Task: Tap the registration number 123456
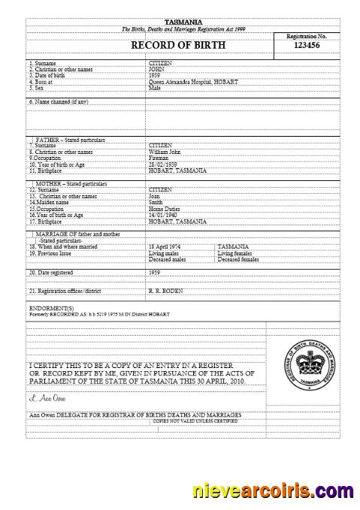pyautogui.click(x=307, y=46)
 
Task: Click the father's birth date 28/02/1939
pyautogui.click(x=165, y=164)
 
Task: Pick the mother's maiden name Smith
pyautogui.click(x=157, y=201)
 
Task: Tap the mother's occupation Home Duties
pyautogui.click(x=166, y=207)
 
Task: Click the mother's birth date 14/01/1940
pyautogui.click(x=165, y=213)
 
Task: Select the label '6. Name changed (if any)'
pyautogui.click(x=58, y=101)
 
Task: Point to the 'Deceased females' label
pyautogui.click(x=238, y=258)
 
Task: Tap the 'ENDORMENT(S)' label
pyautogui.click(x=51, y=308)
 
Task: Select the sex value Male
pyautogui.click(x=155, y=87)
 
